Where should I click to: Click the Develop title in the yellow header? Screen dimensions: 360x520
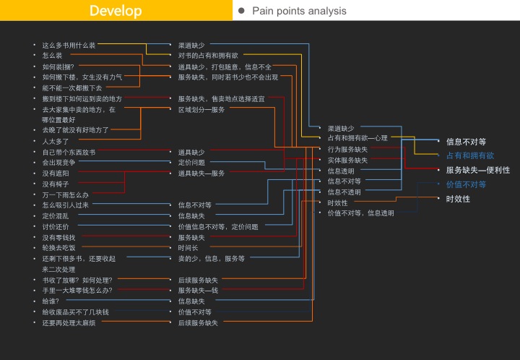click(x=116, y=11)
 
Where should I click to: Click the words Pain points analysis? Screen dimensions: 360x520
click(x=299, y=11)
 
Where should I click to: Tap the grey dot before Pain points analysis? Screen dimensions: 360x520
click(x=241, y=11)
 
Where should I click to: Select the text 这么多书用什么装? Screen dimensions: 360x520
click(x=69, y=45)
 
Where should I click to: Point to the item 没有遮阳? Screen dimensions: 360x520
click(x=56, y=173)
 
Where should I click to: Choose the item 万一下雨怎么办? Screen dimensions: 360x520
click(x=65, y=195)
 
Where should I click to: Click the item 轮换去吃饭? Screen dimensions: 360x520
click(x=58, y=248)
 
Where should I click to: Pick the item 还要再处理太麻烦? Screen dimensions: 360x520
click(x=69, y=323)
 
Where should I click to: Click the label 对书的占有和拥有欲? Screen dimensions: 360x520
click(x=208, y=56)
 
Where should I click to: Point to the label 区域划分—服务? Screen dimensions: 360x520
click(x=201, y=110)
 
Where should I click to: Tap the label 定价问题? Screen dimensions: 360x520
click(x=191, y=163)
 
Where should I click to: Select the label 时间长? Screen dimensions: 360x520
click(x=188, y=248)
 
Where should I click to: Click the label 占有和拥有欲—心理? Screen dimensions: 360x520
click(x=357, y=138)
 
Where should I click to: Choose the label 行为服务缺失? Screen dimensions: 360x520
click(x=347, y=150)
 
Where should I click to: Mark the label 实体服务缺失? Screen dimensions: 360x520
click(x=347, y=160)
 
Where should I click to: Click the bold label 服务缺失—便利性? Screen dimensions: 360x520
click(x=477, y=171)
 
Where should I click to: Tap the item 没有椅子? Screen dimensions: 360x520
click(x=56, y=184)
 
